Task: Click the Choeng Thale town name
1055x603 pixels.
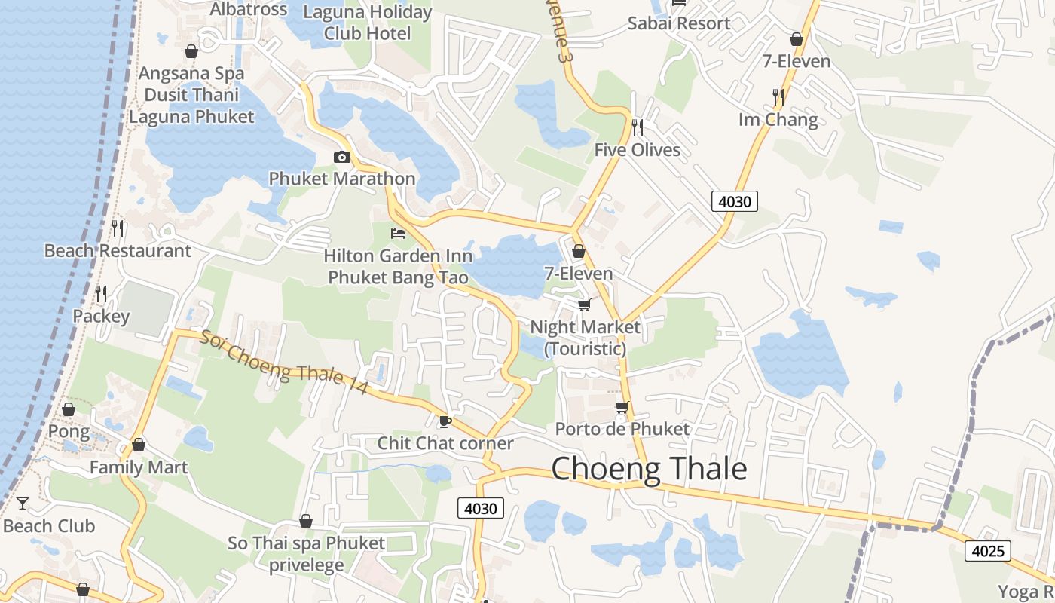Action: click(649, 469)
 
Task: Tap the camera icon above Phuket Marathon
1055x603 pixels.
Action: click(341, 157)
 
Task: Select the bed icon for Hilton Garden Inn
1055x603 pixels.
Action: click(398, 234)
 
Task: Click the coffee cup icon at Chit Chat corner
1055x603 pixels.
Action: click(445, 421)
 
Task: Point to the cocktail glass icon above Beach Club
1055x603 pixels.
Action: click(23, 503)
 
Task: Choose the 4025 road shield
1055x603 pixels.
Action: click(987, 551)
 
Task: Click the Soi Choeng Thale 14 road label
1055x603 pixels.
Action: click(283, 361)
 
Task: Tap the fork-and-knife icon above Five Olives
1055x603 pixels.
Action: click(638, 127)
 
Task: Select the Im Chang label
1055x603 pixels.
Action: click(778, 120)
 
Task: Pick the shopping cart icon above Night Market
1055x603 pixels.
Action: click(583, 305)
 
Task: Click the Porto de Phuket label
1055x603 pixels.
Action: click(622, 429)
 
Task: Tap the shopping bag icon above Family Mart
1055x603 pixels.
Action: click(138, 445)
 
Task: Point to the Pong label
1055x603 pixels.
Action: click(69, 432)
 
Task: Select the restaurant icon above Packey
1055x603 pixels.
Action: click(101, 292)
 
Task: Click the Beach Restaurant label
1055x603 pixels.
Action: click(118, 250)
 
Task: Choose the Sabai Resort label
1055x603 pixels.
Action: click(679, 23)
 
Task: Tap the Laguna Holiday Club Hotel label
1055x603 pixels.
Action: click(367, 23)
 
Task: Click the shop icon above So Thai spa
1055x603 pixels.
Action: click(305, 521)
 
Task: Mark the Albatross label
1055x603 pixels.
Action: click(248, 9)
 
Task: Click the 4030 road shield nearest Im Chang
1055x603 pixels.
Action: click(734, 201)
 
